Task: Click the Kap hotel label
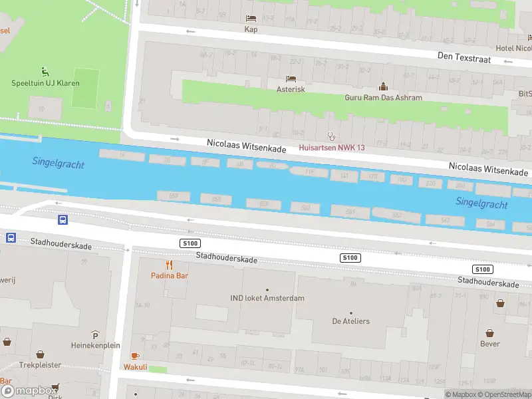(x=251, y=29)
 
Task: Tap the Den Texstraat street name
(x=463, y=57)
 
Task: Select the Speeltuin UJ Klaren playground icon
(x=45, y=72)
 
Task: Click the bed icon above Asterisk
(x=291, y=78)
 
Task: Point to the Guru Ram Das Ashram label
(x=383, y=98)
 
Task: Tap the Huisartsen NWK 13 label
(x=332, y=146)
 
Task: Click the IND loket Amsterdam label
(x=267, y=298)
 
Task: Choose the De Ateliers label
(x=350, y=321)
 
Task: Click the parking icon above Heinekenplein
(x=96, y=334)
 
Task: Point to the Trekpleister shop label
(x=40, y=365)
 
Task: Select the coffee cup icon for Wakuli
(x=135, y=356)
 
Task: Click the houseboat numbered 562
(x=396, y=215)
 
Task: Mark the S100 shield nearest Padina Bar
(x=190, y=244)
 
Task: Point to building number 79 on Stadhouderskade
(x=84, y=261)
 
